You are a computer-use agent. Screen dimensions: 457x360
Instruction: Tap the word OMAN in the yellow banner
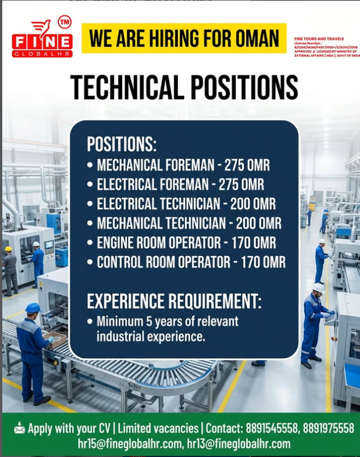click(253, 39)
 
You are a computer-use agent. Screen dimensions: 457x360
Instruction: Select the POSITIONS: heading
click(121, 144)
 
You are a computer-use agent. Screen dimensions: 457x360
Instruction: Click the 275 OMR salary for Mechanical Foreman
click(247, 165)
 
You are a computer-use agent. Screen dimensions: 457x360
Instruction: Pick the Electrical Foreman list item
click(180, 185)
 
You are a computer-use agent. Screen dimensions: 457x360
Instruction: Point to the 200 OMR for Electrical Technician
click(249, 204)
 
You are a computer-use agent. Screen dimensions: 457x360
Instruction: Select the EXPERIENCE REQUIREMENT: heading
click(174, 302)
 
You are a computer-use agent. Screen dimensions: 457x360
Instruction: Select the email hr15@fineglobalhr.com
click(131, 444)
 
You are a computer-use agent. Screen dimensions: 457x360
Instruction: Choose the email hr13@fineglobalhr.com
click(239, 444)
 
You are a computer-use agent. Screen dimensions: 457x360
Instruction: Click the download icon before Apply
click(19, 429)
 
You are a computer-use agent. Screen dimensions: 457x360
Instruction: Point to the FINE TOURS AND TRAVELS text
click(319, 39)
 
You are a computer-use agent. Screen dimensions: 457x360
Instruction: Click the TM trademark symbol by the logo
click(65, 22)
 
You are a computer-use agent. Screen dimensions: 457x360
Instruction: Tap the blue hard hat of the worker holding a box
click(33, 307)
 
